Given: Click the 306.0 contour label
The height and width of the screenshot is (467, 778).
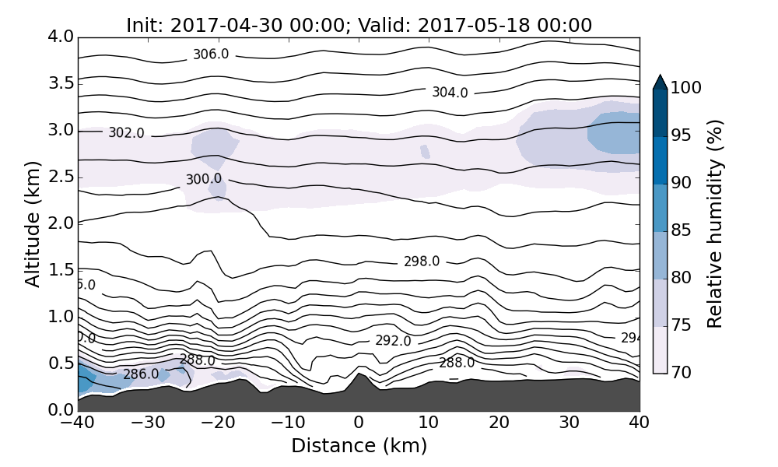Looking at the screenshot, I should tap(211, 54).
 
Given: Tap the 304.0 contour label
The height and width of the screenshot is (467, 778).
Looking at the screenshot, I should tap(450, 93).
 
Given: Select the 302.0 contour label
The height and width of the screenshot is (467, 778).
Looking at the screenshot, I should tap(126, 133).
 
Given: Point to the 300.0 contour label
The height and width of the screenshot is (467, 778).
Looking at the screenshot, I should tap(203, 180).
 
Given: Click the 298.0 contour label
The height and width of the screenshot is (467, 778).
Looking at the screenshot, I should tap(422, 262).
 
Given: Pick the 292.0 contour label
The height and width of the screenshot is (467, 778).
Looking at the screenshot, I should tap(393, 341).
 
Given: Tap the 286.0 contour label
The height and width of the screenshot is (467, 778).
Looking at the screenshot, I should tap(141, 374).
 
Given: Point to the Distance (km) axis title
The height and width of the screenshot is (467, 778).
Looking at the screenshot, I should tap(359, 446).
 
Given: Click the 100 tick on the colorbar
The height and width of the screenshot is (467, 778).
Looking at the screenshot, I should tap(686, 88).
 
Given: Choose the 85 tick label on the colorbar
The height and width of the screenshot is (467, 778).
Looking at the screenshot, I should tap(682, 230).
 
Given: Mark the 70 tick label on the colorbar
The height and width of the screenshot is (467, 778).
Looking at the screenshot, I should tap(682, 373).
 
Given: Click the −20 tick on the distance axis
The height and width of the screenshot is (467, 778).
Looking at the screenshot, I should tap(218, 423).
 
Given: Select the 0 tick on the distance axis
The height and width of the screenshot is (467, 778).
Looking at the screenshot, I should tap(359, 423).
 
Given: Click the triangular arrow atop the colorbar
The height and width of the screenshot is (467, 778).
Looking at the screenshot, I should tap(660, 82).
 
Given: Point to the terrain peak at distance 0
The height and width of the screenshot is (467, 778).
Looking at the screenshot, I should tap(359, 374).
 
